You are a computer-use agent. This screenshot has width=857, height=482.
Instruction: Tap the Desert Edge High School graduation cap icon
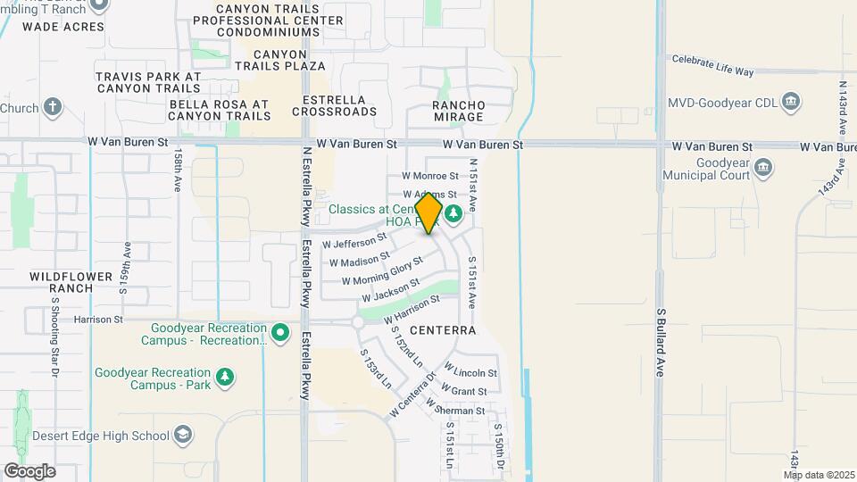[x=183, y=435]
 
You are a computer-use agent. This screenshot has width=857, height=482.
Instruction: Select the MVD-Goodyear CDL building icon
[x=790, y=101]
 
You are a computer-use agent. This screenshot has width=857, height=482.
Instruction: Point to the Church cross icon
[x=53, y=108]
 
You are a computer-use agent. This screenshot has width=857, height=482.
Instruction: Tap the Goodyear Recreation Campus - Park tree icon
[x=227, y=378]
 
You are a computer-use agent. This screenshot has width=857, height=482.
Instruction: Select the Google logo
[x=30, y=470]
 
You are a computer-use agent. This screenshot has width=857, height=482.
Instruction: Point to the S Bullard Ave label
[x=661, y=344]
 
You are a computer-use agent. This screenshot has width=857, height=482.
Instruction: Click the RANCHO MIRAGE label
[x=458, y=111]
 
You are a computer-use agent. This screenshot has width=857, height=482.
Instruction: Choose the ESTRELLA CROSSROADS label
[x=339, y=105]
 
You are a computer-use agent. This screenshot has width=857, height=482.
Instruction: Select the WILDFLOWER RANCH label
[x=62, y=282]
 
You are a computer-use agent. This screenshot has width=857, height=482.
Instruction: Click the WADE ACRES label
[x=63, y=27]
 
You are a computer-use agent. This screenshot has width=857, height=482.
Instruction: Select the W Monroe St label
[x=429, y=177]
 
